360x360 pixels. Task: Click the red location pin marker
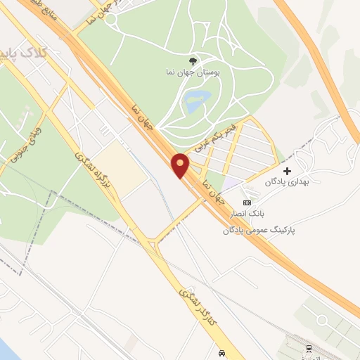[180, 165]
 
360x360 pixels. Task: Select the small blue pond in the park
[193, 103]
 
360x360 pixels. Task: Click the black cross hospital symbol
[286, 171]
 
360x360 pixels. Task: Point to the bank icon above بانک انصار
[246, 202]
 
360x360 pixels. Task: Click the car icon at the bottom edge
[222, 352]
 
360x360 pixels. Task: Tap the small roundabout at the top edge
[111, 19]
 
